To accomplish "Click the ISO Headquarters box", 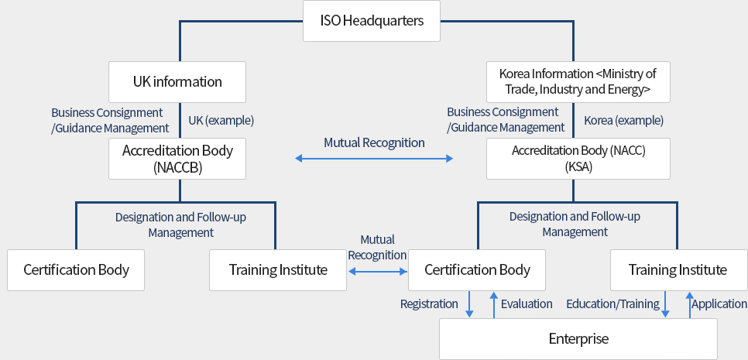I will (x=372, y=21).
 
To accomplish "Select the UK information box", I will (x=177, y=81).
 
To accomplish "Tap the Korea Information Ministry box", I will (x=578, y=81).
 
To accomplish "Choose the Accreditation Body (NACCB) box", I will (x=177, y=159).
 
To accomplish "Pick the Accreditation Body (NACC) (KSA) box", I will (x=578, y=159).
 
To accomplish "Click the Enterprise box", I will (x=578, y=339).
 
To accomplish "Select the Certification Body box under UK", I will (x=76, y=270).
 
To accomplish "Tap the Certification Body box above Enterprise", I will (x=477, y=270).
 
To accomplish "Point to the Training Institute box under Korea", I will (x=678, y=270).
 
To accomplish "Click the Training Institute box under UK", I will (x=278, y=270).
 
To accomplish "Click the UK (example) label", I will (x=221, y=121).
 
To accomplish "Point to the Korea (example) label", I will (x=623, y=121).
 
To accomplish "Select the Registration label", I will (x=430, y=304).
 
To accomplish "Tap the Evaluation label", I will (x=527, y=304).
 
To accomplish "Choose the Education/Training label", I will (x=612, y=304).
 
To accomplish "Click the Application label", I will (x=719, y=304).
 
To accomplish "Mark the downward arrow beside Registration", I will (x=469, y=304).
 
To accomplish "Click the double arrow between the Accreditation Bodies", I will (x=374, y=159).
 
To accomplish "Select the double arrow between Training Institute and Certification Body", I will (x=378, y=271).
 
